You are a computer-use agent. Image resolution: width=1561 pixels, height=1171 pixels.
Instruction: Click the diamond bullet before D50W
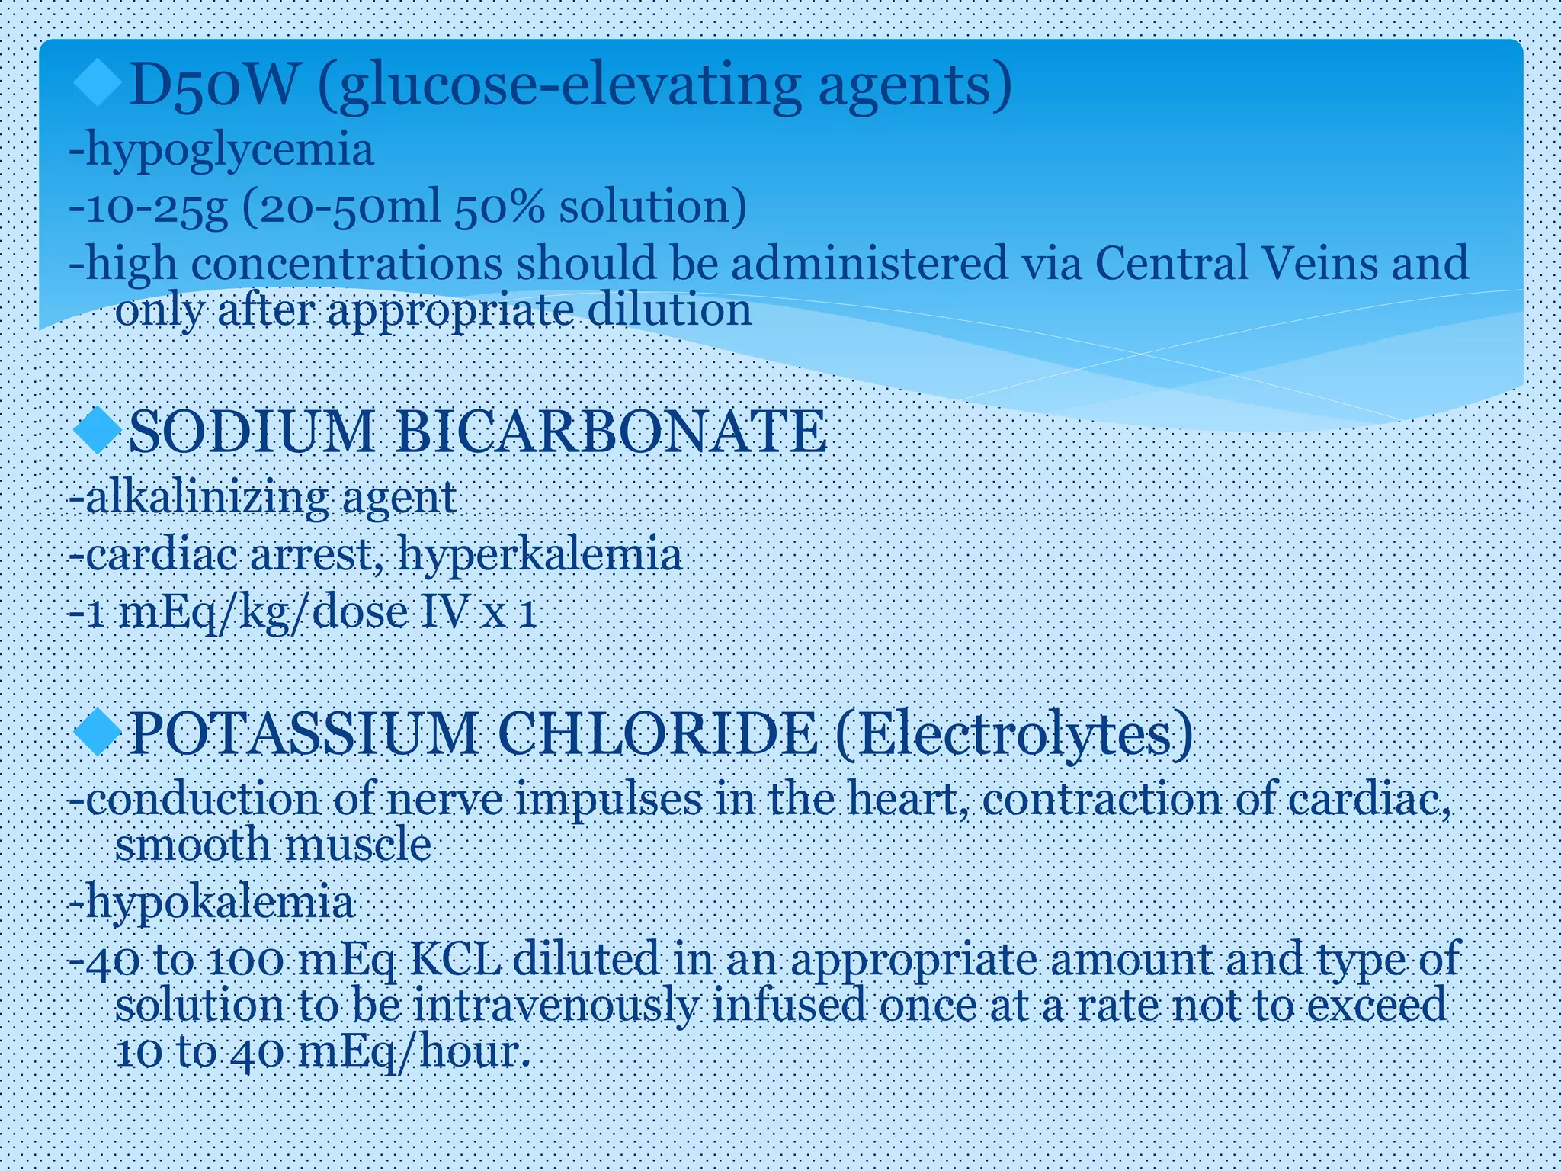[98, 84]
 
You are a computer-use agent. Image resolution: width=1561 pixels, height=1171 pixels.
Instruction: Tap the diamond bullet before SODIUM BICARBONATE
[98, 431]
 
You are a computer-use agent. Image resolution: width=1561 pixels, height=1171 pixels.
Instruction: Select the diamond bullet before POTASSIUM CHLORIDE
[98, 733]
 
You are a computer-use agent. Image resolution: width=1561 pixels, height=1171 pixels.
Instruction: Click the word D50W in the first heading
[212, 85]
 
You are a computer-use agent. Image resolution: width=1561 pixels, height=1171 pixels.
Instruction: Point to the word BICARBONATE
[610, 432]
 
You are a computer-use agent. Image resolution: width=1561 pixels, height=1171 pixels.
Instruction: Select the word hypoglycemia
[229, 149]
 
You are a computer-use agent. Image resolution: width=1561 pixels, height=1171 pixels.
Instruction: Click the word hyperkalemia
[540, 554]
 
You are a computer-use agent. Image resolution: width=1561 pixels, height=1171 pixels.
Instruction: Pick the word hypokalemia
[220, 902]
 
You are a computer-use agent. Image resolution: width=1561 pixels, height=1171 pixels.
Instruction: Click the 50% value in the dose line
[499, 207]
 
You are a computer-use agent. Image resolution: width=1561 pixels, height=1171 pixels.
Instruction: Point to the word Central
[1170, 263]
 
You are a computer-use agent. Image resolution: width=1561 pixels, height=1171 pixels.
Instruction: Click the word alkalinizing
[207, 498]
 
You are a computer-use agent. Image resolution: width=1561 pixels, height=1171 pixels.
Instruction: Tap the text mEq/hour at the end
[413, 1053]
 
